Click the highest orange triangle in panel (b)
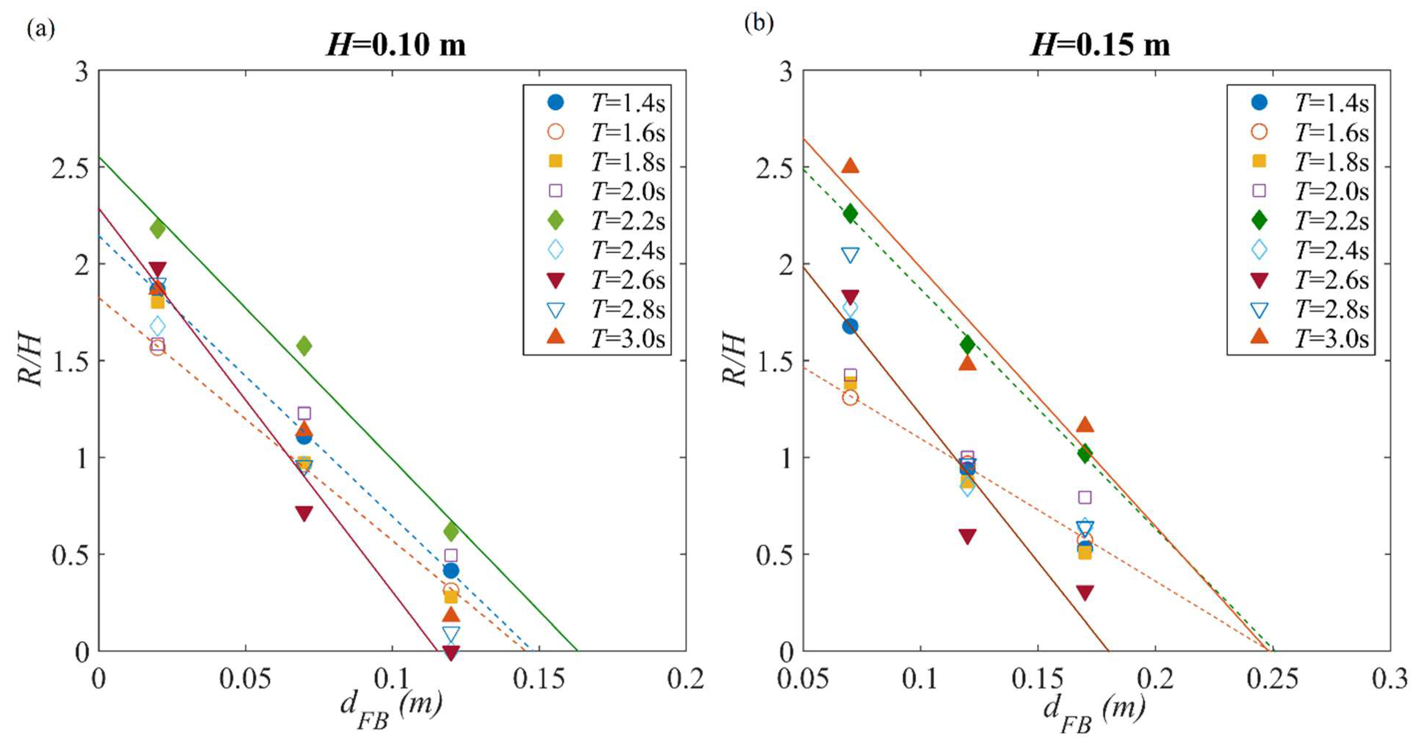850,166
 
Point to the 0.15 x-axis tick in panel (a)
539,679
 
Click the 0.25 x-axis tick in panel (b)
1273,679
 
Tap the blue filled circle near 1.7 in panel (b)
850,326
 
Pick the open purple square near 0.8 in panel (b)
1084,497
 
